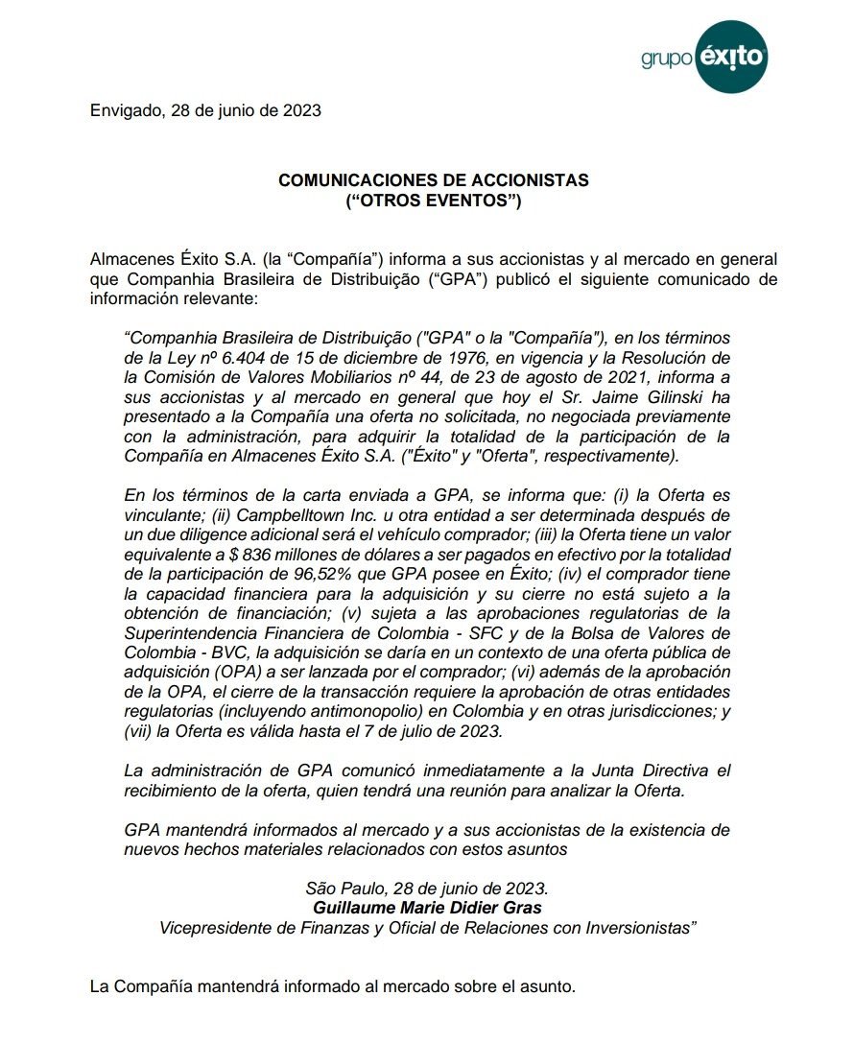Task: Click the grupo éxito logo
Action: (704, 57)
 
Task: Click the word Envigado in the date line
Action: (126, 109)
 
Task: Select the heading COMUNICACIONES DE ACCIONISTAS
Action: (433, 180)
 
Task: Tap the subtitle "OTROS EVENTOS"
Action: (433, 201)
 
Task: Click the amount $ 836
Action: (257, 556)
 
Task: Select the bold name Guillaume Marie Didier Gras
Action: (427, 908)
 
